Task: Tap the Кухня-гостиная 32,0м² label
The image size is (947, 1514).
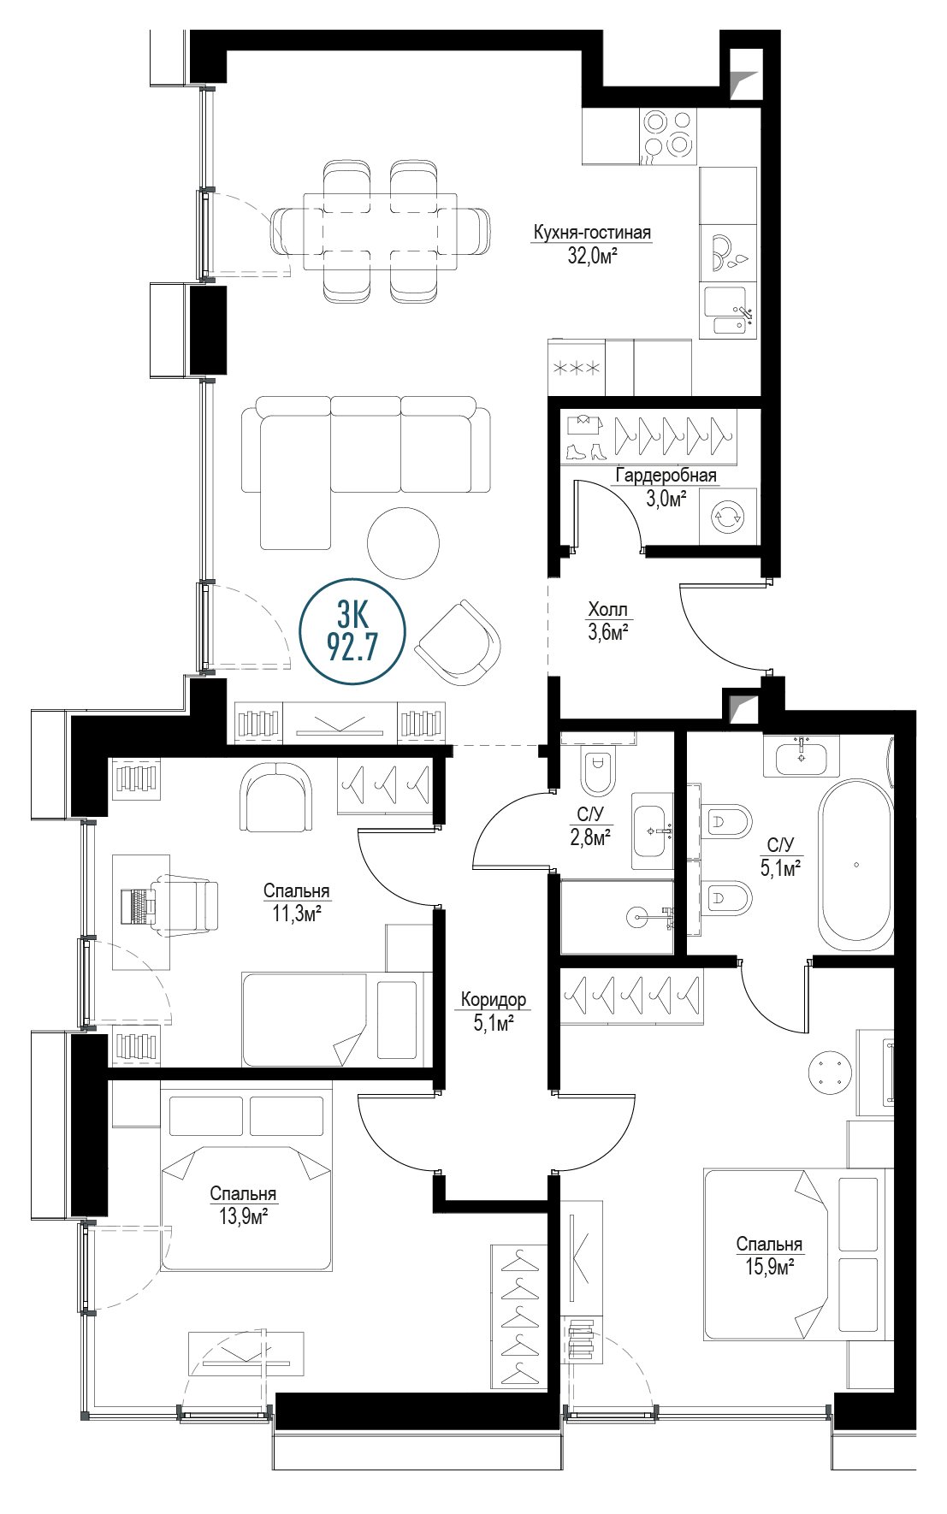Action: click(591, 244)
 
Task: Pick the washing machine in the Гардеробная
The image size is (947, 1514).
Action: click(729, 517)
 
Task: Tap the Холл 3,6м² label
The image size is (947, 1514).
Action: click(608, 621)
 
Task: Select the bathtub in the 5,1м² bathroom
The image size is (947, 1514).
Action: click(855, 865)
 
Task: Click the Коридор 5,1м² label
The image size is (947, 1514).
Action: click(493, 1010)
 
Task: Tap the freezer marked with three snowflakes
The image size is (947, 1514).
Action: click(577, 369)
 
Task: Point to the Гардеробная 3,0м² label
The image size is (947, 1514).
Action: click(666, 487)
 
